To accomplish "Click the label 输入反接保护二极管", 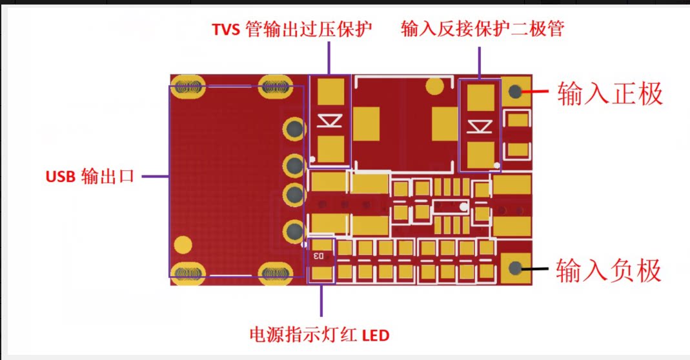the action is [x=482, y=28].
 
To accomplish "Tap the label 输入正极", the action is [x=610, y=94].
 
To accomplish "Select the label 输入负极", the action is [x=609, y=270].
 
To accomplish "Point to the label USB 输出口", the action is [x=90, y=177].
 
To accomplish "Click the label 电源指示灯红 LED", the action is [x=320, y=335].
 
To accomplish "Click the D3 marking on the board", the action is [x=318, y=255].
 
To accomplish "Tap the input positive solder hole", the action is [x=515, y=92].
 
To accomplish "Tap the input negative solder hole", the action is [x=515, y=268].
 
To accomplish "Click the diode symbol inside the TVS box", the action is [x=330, y=121].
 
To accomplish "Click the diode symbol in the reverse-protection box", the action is [x=480, y=126].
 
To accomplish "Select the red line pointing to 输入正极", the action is [x=534, y=92].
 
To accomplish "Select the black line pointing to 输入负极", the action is [x=534, y=268].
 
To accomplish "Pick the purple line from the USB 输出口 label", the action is [x=156, y=177].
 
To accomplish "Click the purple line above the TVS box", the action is [x=329, y=58].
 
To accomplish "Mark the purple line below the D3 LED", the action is [x=321, y=300].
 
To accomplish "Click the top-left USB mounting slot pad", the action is [x=188, y=86].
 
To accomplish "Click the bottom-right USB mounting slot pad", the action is [x=276, y=274].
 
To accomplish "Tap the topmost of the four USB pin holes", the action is [x=294, y=128].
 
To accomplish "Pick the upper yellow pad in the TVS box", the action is [x=330, y=92].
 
